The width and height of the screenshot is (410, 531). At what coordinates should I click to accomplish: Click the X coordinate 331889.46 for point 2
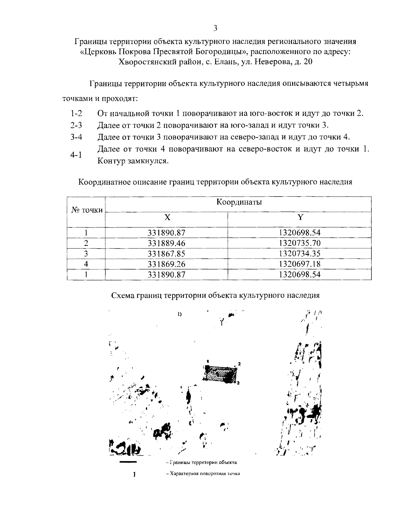[166, 243]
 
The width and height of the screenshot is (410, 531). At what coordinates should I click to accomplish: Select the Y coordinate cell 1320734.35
[300, 254]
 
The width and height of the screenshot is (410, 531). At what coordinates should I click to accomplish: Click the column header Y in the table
[300, 217]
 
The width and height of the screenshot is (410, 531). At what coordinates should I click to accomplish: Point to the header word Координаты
[239, 202]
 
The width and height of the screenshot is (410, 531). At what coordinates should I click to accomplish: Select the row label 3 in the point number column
[86, 254]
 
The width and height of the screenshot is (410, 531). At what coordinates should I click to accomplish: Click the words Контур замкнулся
[133, 161]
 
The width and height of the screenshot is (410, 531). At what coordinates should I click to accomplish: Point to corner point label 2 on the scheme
[240, 363]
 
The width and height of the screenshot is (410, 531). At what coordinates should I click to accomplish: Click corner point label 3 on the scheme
[238, 383]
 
